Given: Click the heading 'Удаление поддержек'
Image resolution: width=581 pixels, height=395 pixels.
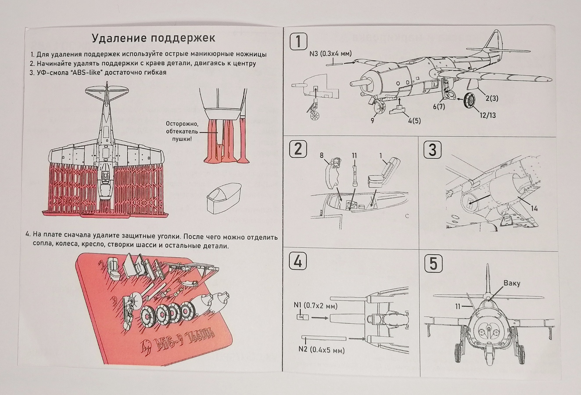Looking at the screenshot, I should point(153,38).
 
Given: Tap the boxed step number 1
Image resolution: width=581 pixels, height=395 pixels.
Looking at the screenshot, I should point(298,43).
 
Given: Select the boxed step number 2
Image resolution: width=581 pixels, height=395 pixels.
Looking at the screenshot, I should point(298,149).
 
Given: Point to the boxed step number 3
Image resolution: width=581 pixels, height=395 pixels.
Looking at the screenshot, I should point(432,149).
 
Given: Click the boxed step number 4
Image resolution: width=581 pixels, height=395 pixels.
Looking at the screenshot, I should point(298,262).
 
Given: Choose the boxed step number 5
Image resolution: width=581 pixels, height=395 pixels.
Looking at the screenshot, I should point(433,263).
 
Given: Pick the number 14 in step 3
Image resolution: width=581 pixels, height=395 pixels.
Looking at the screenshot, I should point(534,208).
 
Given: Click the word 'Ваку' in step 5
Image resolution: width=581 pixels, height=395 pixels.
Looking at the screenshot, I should point(512,283).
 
